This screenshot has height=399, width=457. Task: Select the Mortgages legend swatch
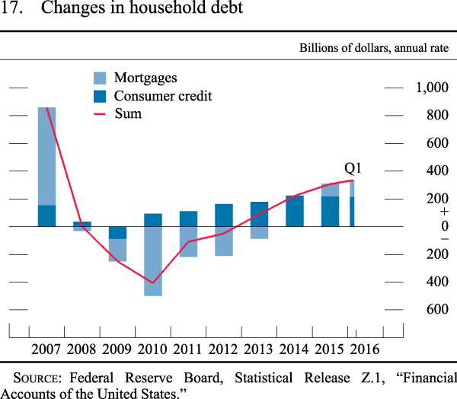click(x=100, y=78)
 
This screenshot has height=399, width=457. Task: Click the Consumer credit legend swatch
click(x=100, y=96)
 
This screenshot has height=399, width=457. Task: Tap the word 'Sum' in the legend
click(x=127, y=114)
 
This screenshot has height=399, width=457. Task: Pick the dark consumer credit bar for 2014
click(x=295, y=211)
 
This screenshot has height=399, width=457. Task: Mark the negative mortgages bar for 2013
click(x=259, y=232)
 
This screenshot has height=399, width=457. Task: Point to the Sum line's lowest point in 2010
click(x=153, y=282)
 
